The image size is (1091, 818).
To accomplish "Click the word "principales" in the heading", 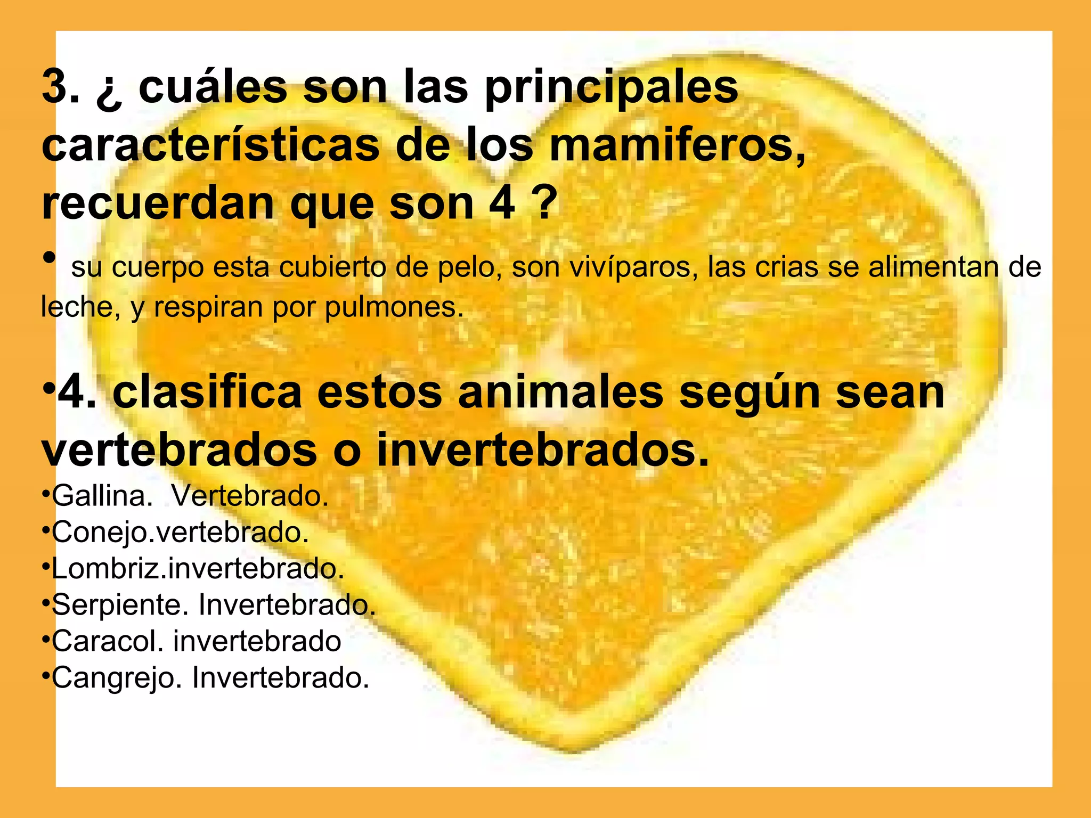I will pos(612,88).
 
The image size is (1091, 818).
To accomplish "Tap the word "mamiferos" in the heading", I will pos(676,146).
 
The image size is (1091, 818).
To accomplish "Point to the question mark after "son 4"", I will pos(544,204).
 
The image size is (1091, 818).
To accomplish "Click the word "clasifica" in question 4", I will pos(208,393).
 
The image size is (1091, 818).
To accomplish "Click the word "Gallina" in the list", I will pos(99,496).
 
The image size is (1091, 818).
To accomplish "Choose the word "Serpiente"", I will pos(117,605).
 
